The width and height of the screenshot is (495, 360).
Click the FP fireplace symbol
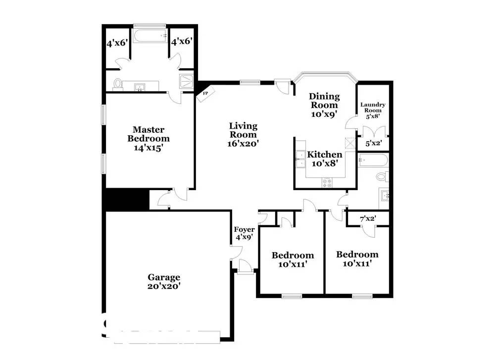[205, 94]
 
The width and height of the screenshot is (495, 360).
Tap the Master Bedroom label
[148, 134]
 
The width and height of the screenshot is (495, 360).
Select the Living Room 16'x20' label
[243, 135]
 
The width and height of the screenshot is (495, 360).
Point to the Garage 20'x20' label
[164, 281]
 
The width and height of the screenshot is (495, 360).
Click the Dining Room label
[324, 101]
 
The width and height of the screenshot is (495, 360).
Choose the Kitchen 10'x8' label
[325, 159]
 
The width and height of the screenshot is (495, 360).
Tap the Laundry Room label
[373, 107]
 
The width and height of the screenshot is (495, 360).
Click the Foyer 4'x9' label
[244, 233]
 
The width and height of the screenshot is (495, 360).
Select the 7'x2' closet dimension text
[368, 218]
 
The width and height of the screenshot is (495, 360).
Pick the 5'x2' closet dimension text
[374, 143]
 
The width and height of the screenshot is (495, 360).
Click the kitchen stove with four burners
[327, 183]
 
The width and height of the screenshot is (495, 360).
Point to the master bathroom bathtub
[150, 36]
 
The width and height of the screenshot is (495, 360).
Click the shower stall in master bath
[186, 82]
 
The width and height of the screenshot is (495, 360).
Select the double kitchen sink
[301, 159]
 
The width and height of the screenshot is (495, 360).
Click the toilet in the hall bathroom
[383, 176]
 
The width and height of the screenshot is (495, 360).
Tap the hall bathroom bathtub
[373, 160]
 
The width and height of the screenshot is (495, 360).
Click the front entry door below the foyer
[246, 267]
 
